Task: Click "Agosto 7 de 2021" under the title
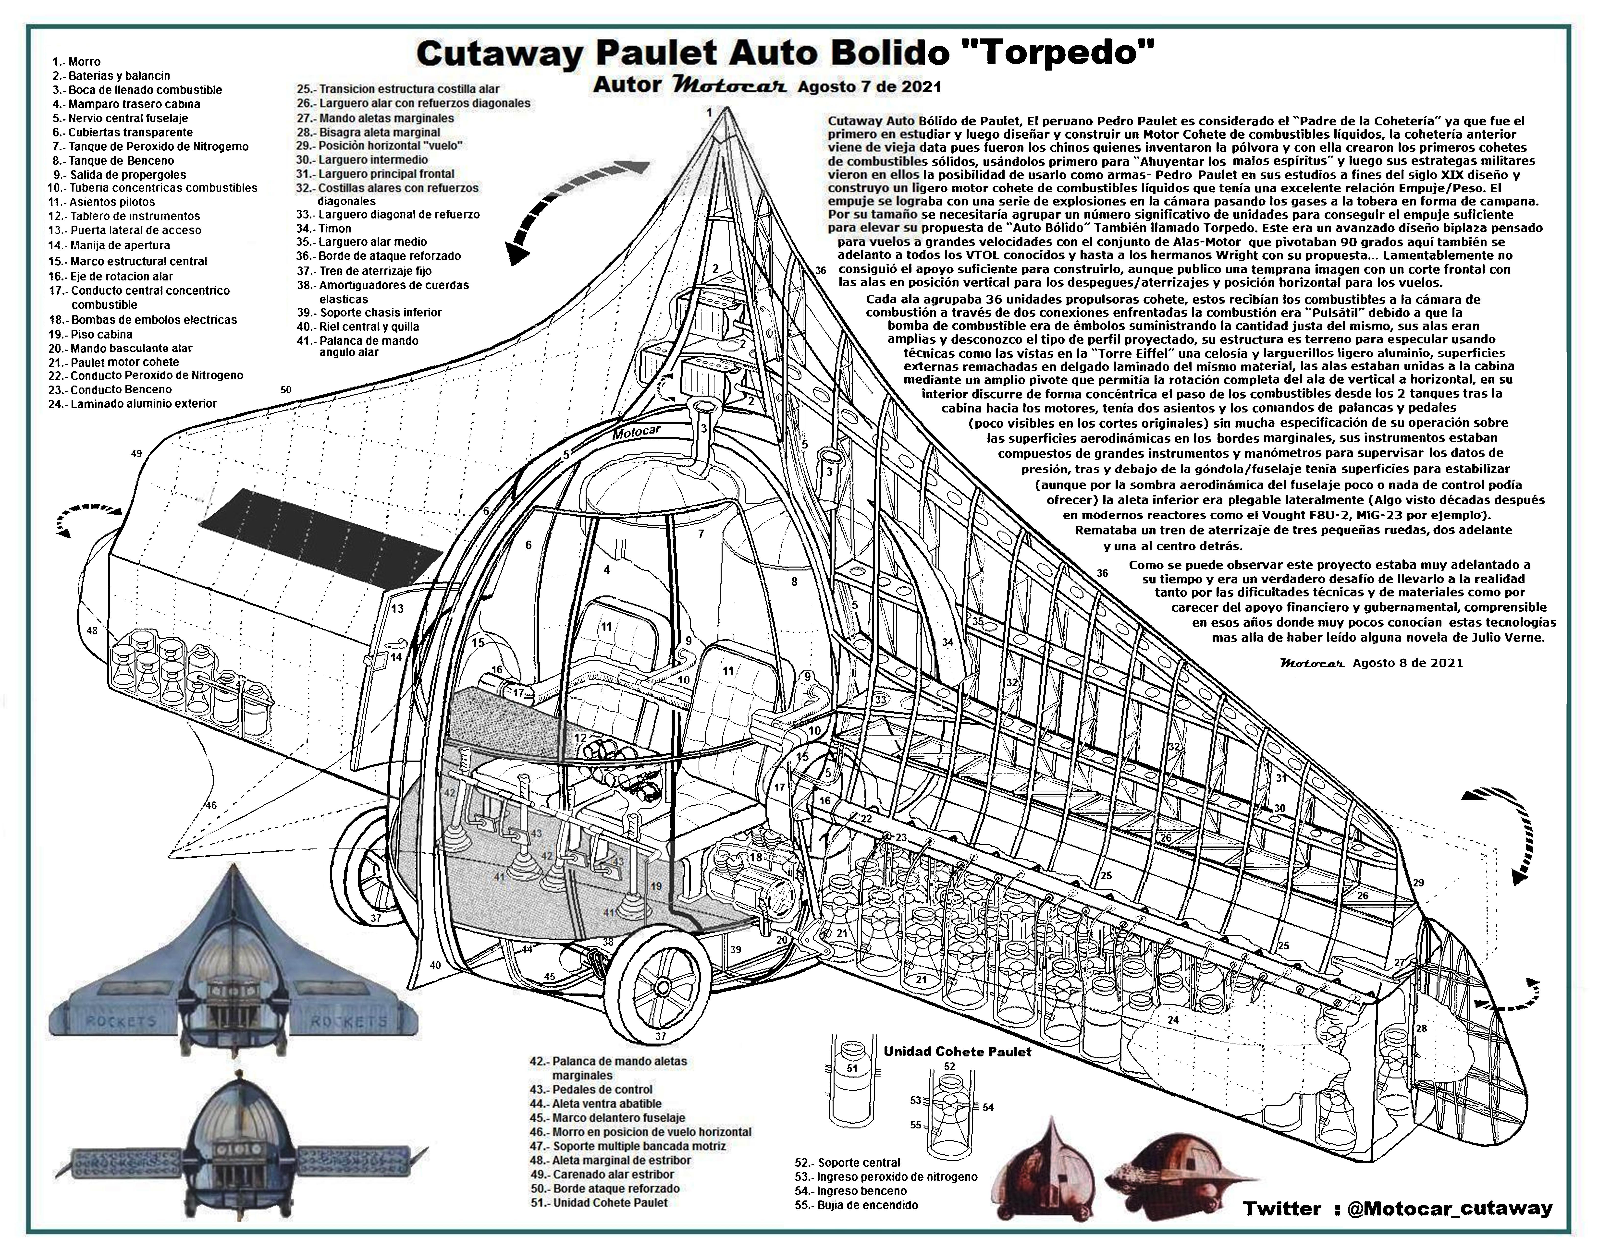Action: click(869, 87)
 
